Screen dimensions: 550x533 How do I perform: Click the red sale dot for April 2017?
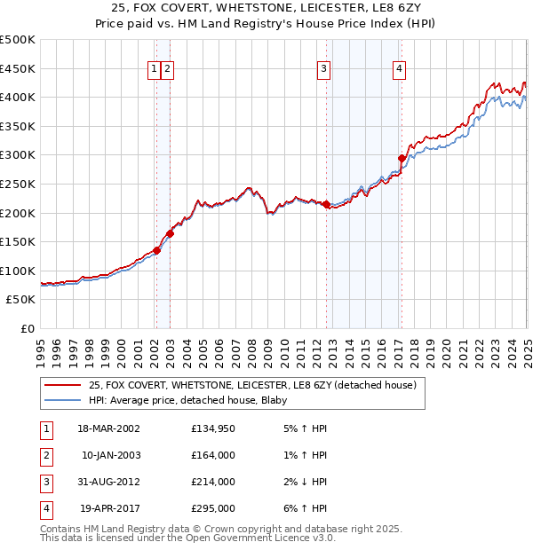pyautogui.click(x=402, y=159)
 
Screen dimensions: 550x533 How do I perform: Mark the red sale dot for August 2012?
pyautogui.click(x=326, y=205)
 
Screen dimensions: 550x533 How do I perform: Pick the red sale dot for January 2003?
pyautogui.click(x=170, y=234)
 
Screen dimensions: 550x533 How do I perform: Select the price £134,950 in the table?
pyautogui.click(x=213, y=428)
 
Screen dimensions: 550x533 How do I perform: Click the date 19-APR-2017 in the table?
pyautogui.click(x=109, y=508)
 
